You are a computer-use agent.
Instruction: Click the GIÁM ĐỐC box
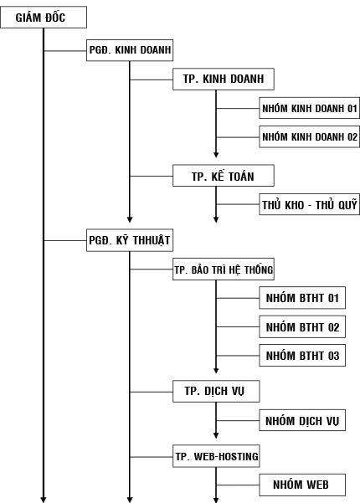44,18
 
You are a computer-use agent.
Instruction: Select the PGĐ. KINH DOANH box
130,50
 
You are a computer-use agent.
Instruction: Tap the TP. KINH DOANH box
224,79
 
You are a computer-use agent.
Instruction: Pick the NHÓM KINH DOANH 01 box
309,108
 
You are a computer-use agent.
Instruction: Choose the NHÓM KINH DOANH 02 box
309,137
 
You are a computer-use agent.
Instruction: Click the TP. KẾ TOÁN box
224,176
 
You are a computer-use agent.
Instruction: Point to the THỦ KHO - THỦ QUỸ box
309,204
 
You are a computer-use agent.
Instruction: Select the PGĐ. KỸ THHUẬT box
130,240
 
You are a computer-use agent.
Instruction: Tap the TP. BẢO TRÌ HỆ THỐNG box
224,269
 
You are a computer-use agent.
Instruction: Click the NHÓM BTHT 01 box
302,298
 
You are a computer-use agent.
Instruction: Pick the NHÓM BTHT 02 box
302,327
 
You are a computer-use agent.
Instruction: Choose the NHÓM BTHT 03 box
302,356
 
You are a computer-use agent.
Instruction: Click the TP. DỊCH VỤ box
216,392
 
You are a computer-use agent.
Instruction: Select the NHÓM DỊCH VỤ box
302,420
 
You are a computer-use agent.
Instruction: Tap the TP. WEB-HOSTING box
216,456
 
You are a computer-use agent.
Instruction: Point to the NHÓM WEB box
302,485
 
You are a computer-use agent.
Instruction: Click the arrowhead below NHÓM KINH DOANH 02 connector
216,155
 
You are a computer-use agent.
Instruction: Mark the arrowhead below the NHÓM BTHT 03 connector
216,371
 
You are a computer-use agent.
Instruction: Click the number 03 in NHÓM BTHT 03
333,356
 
